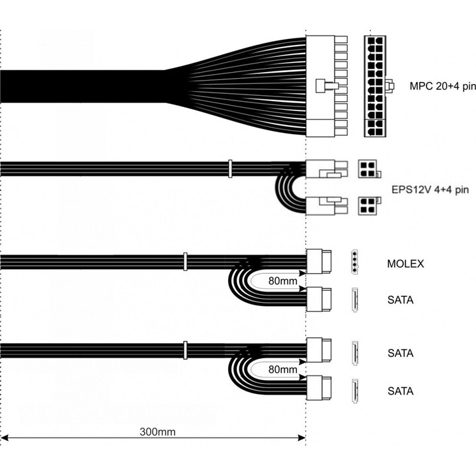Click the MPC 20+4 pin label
coord(442,86)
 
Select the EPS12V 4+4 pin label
coord(430,190)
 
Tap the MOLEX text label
coord(405,264)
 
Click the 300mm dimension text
coord(157,432)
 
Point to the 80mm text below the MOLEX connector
coord(283,281)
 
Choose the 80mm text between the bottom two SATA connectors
coord(283,369)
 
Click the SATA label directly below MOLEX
coord(401,300)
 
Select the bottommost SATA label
coord(401,391)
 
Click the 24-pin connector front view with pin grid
coord(375,86)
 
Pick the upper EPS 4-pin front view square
coord(368,169)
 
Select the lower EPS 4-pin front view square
coord(368,206)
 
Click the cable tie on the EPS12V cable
coord(230,169)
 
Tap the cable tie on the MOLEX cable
coord(185,262)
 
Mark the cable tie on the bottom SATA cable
coord(185,350)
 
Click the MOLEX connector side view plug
coord(319,261)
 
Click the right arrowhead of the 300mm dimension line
coord(301,438)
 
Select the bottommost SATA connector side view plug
coord(319,387)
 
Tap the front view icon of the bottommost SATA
coord(354,391)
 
